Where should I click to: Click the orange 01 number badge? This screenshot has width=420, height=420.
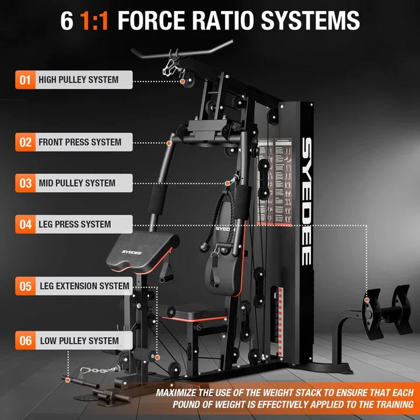25,80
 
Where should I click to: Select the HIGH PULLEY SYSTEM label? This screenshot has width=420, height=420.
78,80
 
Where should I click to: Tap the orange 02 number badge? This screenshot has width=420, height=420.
25,142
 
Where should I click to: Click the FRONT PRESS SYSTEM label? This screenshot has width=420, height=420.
80,142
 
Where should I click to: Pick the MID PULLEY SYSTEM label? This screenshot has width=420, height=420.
77,183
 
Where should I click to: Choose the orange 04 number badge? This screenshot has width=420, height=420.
25,224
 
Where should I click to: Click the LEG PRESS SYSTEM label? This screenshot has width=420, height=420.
75,224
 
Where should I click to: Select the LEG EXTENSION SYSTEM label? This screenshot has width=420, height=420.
84,286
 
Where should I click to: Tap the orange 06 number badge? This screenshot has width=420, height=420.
25,341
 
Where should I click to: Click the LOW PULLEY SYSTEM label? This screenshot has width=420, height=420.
79,341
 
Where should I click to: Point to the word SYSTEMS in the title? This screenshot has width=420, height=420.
310,21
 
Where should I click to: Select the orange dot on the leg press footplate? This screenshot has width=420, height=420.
367,299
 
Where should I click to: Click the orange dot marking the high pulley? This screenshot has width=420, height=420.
183,81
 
